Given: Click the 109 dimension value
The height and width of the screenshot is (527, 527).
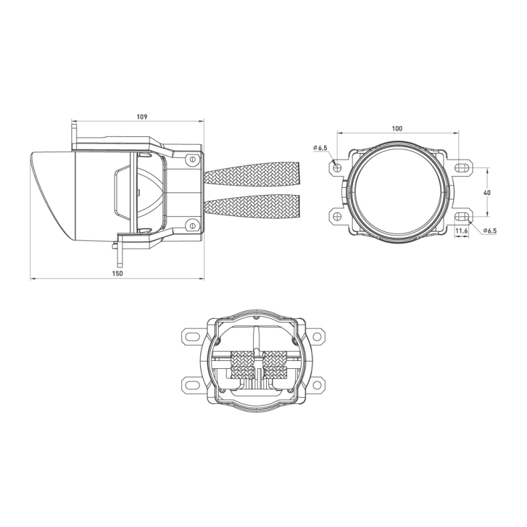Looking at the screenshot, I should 141,117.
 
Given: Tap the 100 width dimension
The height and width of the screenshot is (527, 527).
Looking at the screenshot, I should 397,128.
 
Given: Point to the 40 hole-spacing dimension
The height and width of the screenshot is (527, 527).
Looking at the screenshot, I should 487,192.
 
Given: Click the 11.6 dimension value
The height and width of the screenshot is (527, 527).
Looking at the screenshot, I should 461,231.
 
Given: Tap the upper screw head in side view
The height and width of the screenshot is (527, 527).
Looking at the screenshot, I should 192,159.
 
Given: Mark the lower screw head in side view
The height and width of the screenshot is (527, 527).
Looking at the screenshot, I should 192,226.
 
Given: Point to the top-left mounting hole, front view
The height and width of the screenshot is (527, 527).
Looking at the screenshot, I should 337,167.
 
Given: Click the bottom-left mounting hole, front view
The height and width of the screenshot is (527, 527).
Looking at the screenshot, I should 337,217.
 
